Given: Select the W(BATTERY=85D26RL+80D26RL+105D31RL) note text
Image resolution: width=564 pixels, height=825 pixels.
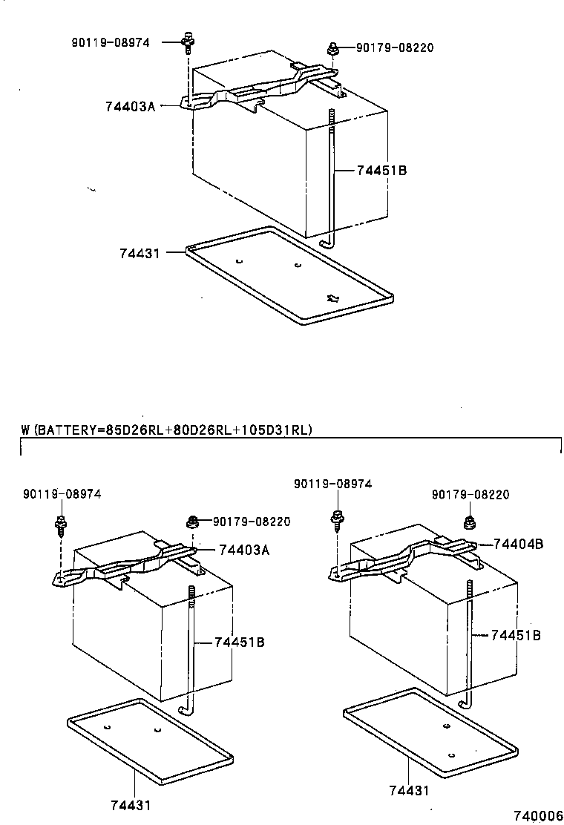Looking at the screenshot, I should click(x=167, y=430).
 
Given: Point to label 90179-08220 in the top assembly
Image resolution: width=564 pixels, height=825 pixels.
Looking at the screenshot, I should click(x=394, y=47).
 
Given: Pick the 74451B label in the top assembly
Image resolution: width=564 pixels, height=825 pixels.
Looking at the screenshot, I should click(x=381, y=170).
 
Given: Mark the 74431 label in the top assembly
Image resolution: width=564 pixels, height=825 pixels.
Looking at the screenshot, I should click(x=140, y=252).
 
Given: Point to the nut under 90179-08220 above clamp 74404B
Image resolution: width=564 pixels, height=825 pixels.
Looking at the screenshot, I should click(x=469, y=522).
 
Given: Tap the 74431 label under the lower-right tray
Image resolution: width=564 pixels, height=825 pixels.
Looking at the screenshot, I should click(x=409, y=791).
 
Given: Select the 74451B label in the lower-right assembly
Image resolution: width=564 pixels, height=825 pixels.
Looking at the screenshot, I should click(x=515, y=635).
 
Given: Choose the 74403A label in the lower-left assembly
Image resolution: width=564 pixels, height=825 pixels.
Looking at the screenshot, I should click(x=244, y=550).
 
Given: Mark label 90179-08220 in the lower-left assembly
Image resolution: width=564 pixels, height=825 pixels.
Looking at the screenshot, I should click(x=252, y=522).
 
